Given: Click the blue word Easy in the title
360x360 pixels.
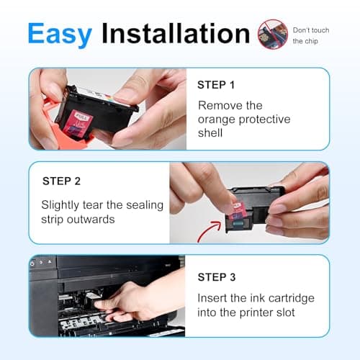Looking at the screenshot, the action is tap(60, 34).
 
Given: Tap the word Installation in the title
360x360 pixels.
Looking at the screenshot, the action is tap(176, 33).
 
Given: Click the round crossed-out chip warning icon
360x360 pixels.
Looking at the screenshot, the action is tap(273, 35).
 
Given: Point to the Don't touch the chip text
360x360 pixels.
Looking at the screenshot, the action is tap(311, 35).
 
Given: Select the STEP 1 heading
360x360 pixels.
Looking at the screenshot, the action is tap(216, 85).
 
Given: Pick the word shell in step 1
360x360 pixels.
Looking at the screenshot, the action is tap(210, 132).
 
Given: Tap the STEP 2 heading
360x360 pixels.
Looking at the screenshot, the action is tap(61, 181).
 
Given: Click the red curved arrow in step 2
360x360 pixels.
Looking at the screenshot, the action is tap(210, 231).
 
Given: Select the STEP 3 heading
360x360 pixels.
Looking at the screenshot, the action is tap(217, 277).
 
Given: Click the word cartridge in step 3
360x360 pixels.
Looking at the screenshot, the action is tap(292, 298).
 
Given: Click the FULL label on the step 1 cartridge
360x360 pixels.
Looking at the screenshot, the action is tap(83, 117).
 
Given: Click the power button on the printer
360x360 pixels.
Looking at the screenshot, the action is tap(32, 264).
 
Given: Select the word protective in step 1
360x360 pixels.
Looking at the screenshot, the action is tap(264, 120).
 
